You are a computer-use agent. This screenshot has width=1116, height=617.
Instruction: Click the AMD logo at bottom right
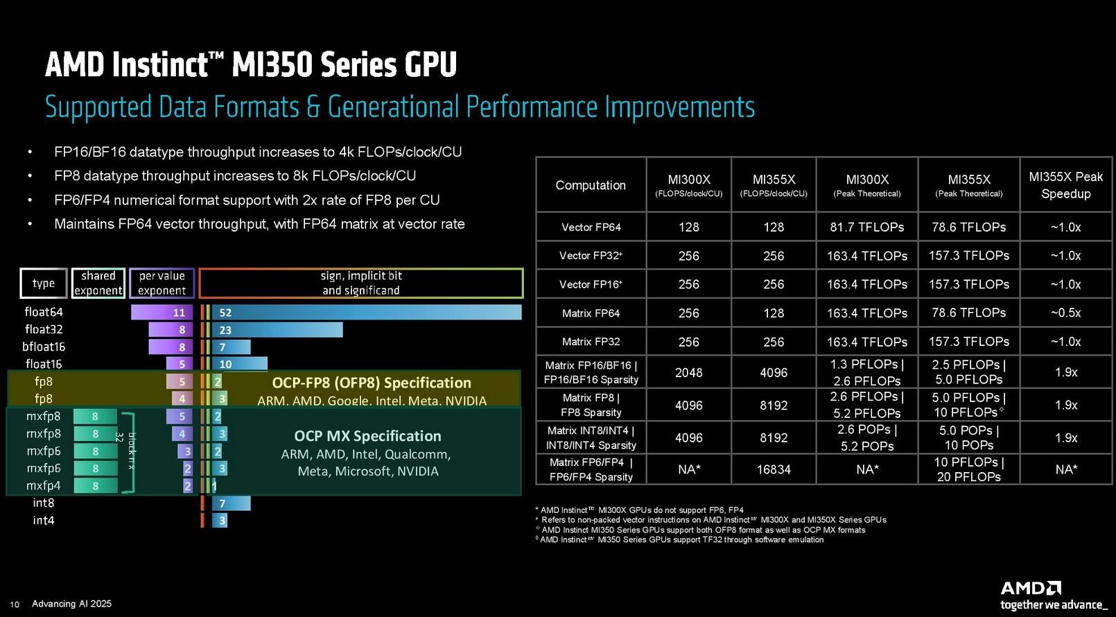click(1030, 589)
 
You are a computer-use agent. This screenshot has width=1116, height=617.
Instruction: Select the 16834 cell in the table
click(774, 469)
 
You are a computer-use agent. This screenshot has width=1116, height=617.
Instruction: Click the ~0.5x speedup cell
click(1065, 313)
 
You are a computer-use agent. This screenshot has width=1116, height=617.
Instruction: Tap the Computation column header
click(591, 185)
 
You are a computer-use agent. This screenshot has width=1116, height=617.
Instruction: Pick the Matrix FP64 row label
click(591, 313)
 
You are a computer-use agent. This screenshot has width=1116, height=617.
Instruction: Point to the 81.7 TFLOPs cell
click(866, 227)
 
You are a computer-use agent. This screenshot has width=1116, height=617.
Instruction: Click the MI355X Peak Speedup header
click(1065, 185)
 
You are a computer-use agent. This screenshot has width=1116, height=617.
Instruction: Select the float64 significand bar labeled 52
click(366, 312)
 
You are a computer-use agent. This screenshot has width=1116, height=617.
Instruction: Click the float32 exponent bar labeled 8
click(171, 329)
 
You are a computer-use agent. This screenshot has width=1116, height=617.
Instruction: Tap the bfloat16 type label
click(44, 347)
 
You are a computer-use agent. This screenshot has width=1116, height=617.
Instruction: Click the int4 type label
click(44, 520)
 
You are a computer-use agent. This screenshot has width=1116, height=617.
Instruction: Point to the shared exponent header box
click(98, 283)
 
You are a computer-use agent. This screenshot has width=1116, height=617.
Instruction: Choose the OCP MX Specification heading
click(367, 436)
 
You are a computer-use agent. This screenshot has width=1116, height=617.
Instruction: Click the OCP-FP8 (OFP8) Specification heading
click(371, 383)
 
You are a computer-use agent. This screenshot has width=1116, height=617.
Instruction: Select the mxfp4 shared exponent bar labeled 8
click(95, 486)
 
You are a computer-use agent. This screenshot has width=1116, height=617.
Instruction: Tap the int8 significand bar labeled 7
click(231, 503)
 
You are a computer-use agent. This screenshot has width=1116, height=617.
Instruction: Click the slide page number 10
click(15, 605)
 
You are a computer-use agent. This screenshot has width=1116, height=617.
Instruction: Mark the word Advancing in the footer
click(53, 604)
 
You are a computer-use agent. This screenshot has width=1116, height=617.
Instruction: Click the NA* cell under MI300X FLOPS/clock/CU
click(688, 469)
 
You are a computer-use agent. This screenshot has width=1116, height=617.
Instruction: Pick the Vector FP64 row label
click(591, 227)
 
